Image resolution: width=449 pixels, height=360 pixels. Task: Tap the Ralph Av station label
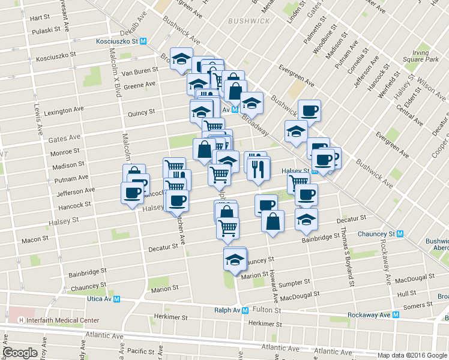click(228, 310)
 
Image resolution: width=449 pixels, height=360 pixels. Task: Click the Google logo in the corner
click(20, 353)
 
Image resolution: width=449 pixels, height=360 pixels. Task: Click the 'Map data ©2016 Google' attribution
click(412, 355)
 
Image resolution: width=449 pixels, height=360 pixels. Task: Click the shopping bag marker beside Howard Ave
click(273, 221)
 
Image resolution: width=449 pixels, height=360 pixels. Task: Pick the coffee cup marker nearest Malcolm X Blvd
click(132, 193)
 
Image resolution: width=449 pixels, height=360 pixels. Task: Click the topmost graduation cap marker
click(181, 59)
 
